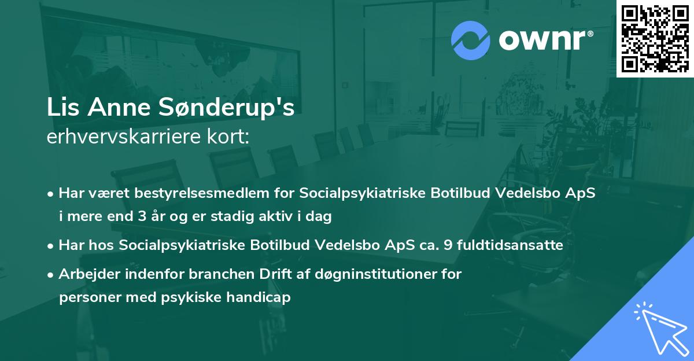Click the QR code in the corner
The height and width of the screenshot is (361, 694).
pyautogui.click(x=655, y=38)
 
